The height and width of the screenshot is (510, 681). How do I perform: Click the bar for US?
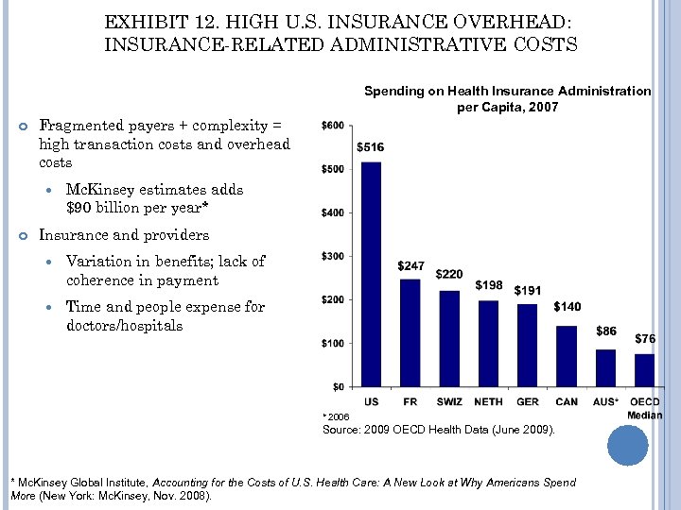coord(371,274)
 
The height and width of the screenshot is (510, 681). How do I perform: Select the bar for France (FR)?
coord(410,332)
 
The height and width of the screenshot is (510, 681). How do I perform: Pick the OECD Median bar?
coord(644,370)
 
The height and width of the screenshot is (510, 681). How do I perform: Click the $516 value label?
coord(371,147)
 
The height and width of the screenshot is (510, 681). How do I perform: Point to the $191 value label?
coord(528,291)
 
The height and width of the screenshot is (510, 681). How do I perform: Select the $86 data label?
coord(606,331)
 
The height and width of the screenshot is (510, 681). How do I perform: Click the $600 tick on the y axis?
coord(334,126)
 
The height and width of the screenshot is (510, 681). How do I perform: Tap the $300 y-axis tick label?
coord(334,256)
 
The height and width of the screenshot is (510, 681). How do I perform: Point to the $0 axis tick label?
coord(338,386)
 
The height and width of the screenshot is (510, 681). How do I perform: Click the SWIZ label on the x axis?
coord(449,402)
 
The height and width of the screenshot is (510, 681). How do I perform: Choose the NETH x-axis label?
coord(488,402)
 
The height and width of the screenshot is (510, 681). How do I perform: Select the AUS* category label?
coord(605,402)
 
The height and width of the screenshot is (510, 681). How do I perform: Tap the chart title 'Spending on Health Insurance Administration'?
coord(507,91)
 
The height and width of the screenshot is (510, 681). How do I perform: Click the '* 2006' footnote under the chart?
coord(337,416)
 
